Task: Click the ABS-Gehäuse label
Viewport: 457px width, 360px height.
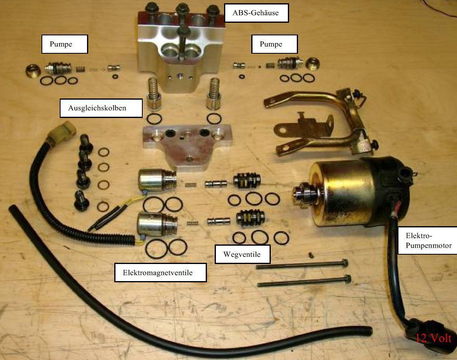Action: pyautogui.click(x=256, y=13)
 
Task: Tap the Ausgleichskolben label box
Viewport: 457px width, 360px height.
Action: pyautogui.click(x=101, y=108)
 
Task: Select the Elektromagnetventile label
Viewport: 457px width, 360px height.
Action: pyautogui.click(x=160, y=273)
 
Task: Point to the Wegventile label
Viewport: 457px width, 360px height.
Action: pyautogui.click(x=242, y=254)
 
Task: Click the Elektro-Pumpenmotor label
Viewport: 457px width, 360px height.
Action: pyautogui.click(x=428, y=240)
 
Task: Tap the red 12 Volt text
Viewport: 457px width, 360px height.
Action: pyautogui.click(x=434, y=338)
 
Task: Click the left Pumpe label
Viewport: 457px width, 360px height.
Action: pyautogui.click(x=65, y=44)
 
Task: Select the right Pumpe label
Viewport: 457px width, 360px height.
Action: pyautogui.click(x=274, y=44)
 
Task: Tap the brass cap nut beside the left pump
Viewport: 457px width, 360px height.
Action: pyautogui.click(x=33, y=70)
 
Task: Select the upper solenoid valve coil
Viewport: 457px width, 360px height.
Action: pyautogui.click(x=157, y=179)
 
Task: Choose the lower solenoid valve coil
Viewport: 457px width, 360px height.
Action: pyautogui.click(x=157, y=224)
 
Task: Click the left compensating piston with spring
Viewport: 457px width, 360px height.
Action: pyautogui.click(x=154, y=94)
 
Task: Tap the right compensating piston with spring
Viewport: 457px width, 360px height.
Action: pyautogui.click(x=213, y=94)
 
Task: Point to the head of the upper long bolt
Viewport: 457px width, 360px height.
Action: pyautogui.click(x=344, y=263)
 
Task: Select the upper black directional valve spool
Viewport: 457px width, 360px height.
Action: pyautogui.click(x=246, y=180)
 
